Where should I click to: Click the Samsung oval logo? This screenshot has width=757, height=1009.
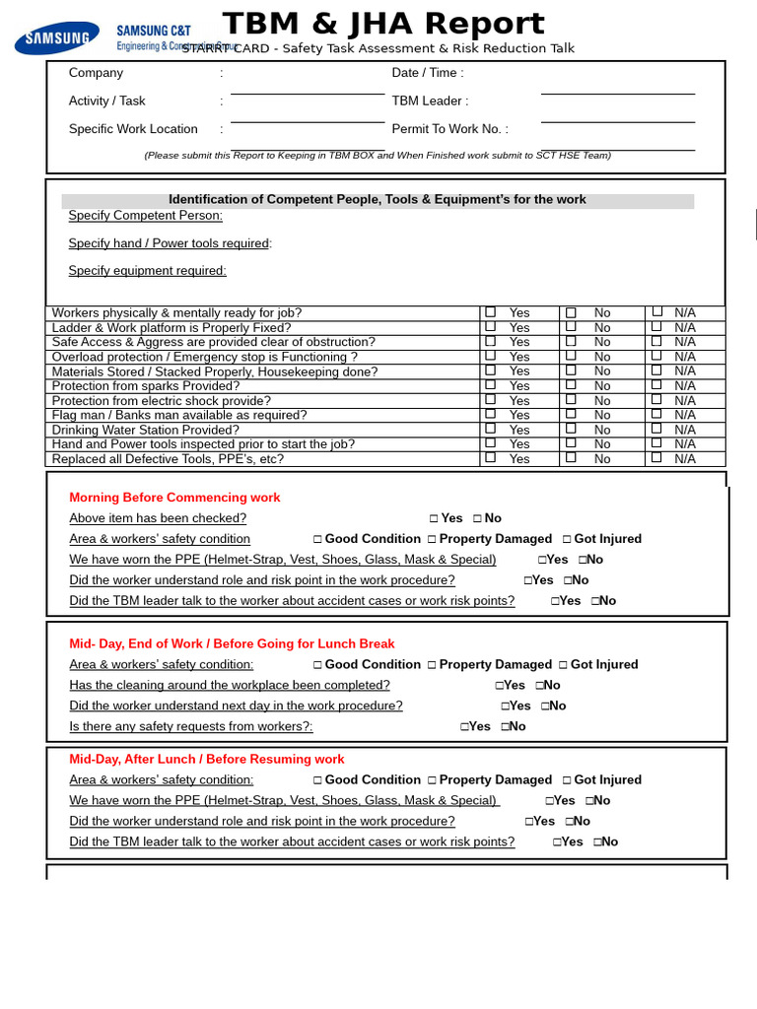click(x=56, y=38)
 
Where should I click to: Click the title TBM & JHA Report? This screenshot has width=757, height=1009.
click(x=383, y=24)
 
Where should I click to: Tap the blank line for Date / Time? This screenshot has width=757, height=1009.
click(x=617, y=87)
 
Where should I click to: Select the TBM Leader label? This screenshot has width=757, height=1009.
click(x=430, y=101)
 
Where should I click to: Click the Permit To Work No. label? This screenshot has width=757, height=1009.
click(x=449, y=129)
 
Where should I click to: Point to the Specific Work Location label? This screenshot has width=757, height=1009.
click(x=133, y=129)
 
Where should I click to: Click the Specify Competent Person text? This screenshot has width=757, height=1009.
click(x=145, y=216)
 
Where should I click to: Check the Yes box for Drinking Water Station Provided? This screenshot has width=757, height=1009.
click(x=491, y=430)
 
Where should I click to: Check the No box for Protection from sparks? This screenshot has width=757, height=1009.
click(x=571, y=386)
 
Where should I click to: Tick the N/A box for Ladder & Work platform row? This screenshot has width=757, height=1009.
click(x=657, y=327)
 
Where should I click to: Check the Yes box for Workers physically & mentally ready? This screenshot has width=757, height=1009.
click(x=491, y=312)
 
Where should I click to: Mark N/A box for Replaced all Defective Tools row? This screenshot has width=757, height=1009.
click(x=657, y=458)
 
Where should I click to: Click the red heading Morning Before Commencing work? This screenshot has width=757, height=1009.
click(x=174, y=498)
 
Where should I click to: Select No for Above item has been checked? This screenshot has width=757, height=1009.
click(x=478, y=518)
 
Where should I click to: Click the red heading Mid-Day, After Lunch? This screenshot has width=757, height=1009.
click(x=206, y=760)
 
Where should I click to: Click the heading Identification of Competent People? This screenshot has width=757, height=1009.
click(x=377, y=200)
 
